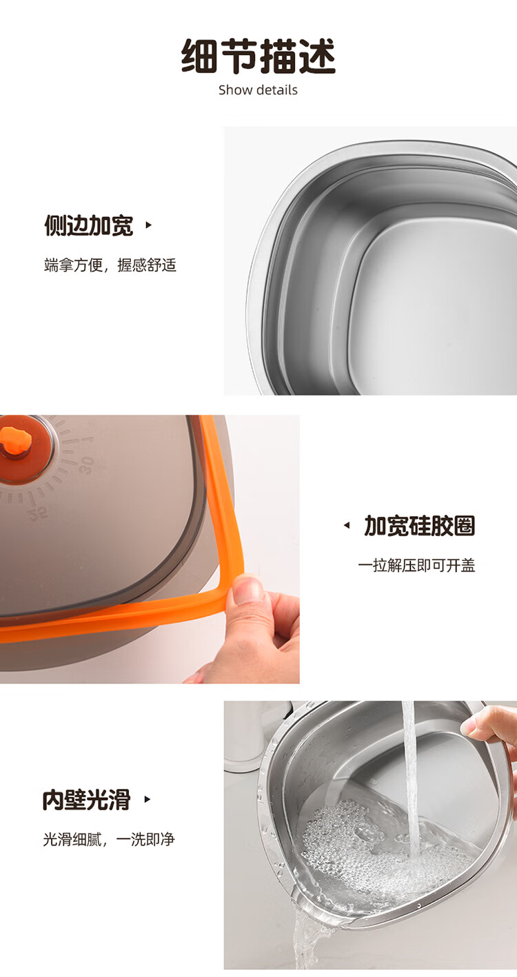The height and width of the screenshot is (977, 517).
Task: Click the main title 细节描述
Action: [x=258, y=56]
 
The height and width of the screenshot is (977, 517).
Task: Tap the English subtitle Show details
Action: [x=258, y=90]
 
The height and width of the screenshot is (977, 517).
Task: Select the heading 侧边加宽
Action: [x=88, y=225]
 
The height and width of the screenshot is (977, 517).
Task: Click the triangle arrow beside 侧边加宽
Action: [x=149, y=225]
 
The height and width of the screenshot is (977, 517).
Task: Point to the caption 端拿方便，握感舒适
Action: [x=110, y=265]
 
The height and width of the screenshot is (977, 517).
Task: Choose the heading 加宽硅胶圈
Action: [x=419, y=526]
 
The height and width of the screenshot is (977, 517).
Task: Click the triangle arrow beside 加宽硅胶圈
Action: [x=347, y=526]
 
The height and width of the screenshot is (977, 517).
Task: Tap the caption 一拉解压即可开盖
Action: [x=416, y=565]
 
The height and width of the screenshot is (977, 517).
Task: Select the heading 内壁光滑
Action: [x=86, y=799]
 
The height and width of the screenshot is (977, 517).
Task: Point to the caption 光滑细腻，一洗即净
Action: [x=109, y=839]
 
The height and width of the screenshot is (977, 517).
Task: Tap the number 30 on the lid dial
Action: [x=86, y=464]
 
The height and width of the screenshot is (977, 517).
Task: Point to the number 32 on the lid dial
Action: [x=38, y=513]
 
